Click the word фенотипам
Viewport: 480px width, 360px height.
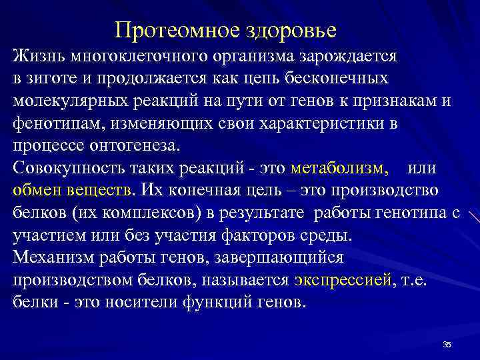click(55, 124)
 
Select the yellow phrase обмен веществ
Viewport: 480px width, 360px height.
click(73, 191)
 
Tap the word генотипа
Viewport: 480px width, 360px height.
click(403, 214)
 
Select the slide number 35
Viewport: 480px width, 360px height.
click(447, 344)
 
